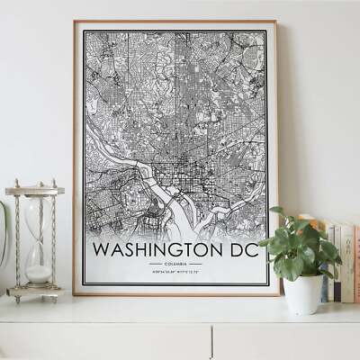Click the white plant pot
pyautogui.click(x=302, y=293)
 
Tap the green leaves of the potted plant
pyautogui.click(x=297, y=243)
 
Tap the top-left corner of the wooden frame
pyautogui.click(x=75, y=22)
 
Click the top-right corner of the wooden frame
pyautogui.click(x=276, y=22)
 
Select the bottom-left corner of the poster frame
pyautogui.click(x=75, y=293)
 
